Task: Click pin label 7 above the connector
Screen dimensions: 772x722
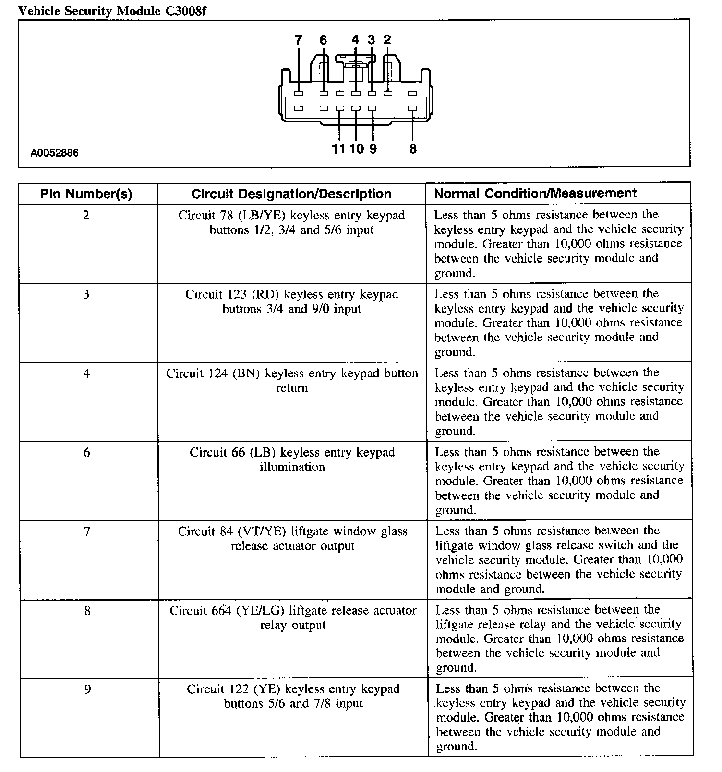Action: (298, 40)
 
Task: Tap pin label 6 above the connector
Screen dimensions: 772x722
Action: (323, 40)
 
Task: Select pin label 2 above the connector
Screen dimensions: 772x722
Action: (387, 40)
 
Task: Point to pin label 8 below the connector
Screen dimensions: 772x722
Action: (413, 149)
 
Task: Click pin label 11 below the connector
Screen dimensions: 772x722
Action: (338, 149)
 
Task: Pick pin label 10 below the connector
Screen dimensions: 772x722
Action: (357, 149)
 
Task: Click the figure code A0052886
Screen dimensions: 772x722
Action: (54, 153)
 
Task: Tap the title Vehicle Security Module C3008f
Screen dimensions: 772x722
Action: (112, 11)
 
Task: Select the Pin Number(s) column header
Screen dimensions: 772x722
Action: (86, 194)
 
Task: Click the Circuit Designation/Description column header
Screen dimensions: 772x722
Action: (291, 194)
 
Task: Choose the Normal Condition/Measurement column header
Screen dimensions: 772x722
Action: (535, 193)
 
